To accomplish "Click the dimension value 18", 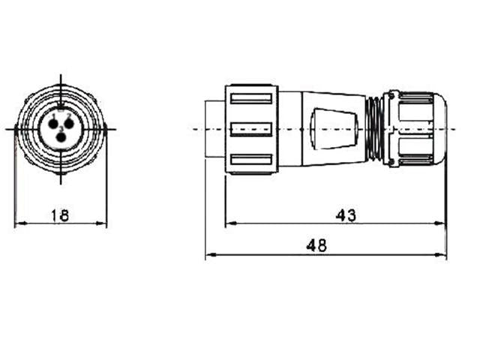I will coord(60,215).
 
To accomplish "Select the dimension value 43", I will coord(345,215).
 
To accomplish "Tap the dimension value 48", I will coord(316,246).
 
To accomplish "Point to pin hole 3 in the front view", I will coord(61,137).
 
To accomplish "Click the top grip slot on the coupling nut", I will coord(251,98).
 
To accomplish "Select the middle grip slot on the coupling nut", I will coord(251,129).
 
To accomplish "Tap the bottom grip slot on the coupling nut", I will coord(251,159).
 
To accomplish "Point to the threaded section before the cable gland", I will coord(373,129).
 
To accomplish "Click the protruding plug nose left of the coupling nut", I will coord(215,129).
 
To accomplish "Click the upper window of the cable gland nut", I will coord(415,111).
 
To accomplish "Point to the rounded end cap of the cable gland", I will coord(440,129).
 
